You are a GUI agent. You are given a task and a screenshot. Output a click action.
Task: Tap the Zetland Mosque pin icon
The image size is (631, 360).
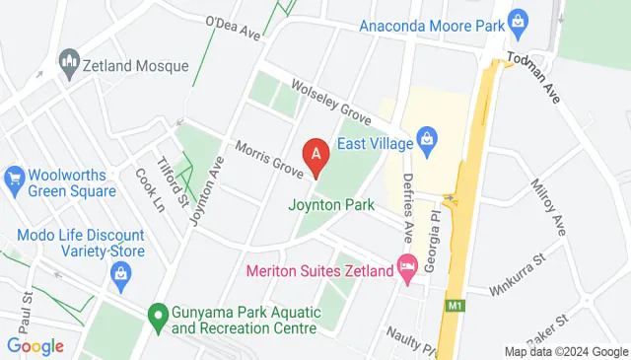[x=69, y=65]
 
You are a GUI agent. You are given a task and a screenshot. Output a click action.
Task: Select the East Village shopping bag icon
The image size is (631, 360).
[x=427, y=136]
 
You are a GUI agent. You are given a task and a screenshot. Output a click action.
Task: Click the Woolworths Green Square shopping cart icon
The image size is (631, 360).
[x=14, y=179]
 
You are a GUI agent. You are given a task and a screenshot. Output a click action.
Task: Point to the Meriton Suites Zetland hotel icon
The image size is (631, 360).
[x=406, y=266]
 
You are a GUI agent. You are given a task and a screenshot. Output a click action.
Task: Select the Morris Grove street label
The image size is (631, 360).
[x=268, y=158]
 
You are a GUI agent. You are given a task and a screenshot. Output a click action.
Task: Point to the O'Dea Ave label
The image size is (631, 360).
[x=233, y=27]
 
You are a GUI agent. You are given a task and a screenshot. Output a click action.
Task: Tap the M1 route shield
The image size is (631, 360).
[x=455, y=306]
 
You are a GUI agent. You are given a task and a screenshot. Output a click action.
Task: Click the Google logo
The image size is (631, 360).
[x=35, y=346]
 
